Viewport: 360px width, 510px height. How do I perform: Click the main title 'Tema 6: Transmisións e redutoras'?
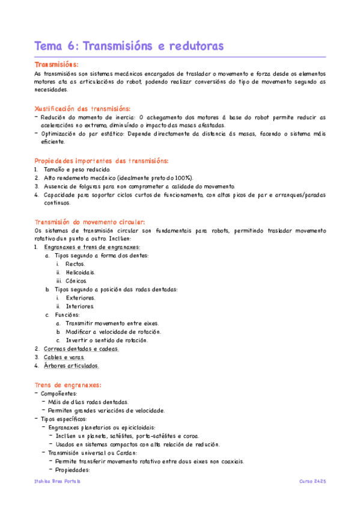(x=129, y=46)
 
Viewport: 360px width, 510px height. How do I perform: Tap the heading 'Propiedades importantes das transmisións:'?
(x=102, y=161)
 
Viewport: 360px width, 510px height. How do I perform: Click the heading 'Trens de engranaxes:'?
(x=67, y=385)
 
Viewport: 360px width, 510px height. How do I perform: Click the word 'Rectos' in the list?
(x=76, y=264)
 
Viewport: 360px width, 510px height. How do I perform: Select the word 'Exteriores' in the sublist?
(x=81, y=298)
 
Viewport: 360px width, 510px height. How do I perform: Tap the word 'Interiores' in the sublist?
(x=80, y=306)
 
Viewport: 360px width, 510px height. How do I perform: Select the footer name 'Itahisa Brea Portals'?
(x=58, y=482)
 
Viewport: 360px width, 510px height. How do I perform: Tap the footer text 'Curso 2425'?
(x=312, y=482)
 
